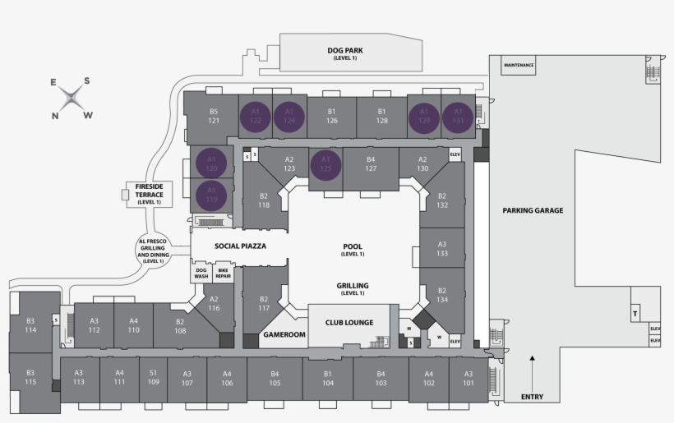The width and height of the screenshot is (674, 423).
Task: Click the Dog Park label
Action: (344, 51)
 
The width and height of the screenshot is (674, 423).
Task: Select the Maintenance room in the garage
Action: (519, 65)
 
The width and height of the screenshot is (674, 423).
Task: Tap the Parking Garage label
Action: (533, 210)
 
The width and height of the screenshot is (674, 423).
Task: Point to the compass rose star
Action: (72, 99)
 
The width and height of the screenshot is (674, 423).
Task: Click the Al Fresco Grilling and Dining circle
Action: (153, 250)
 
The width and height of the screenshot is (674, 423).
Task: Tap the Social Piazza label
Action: (241, 246)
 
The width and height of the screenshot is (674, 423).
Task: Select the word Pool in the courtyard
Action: (352, 246)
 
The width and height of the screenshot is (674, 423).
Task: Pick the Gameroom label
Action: (284, 335)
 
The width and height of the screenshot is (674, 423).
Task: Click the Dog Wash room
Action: (201, 274)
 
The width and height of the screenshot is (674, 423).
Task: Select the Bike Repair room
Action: (223, 274)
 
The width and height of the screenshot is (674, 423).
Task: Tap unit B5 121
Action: (213, 116)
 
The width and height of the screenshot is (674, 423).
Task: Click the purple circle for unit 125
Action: (325, 163)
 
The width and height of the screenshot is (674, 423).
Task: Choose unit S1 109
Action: (153, 377)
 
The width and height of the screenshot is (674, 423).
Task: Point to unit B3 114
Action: (30, 325)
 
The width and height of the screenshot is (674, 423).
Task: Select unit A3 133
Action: (442, 249)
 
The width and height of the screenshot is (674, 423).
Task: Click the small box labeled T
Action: (635, 315)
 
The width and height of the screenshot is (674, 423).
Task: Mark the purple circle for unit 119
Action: (211, 195)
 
